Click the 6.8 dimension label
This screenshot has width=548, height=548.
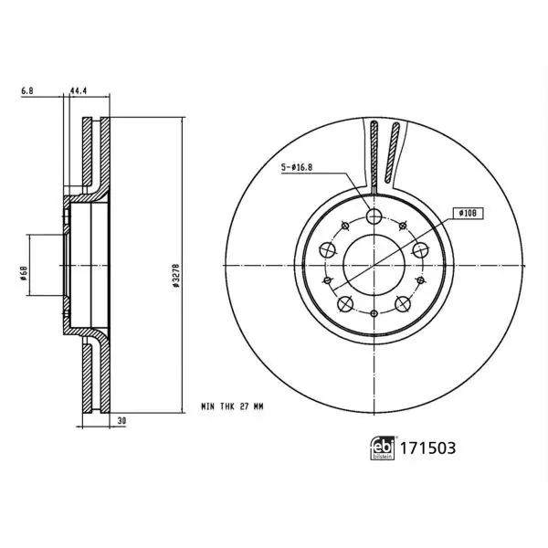[x=27, y=90]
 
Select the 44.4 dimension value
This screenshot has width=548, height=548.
[x=79, y=90]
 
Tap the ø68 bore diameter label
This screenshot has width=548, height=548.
[x=24, y=273]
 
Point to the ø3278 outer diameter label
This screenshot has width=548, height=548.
[x=175, y=276]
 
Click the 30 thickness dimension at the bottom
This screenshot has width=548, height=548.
[x=121, y=421]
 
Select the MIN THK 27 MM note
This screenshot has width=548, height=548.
[x=232, y=406]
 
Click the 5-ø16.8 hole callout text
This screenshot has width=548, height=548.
[x=297, y=167]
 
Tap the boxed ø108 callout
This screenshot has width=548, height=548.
[x=469, y=213]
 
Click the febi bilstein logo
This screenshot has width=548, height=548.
[x=383, y=448]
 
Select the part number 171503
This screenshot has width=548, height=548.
[x=427, y=448]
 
